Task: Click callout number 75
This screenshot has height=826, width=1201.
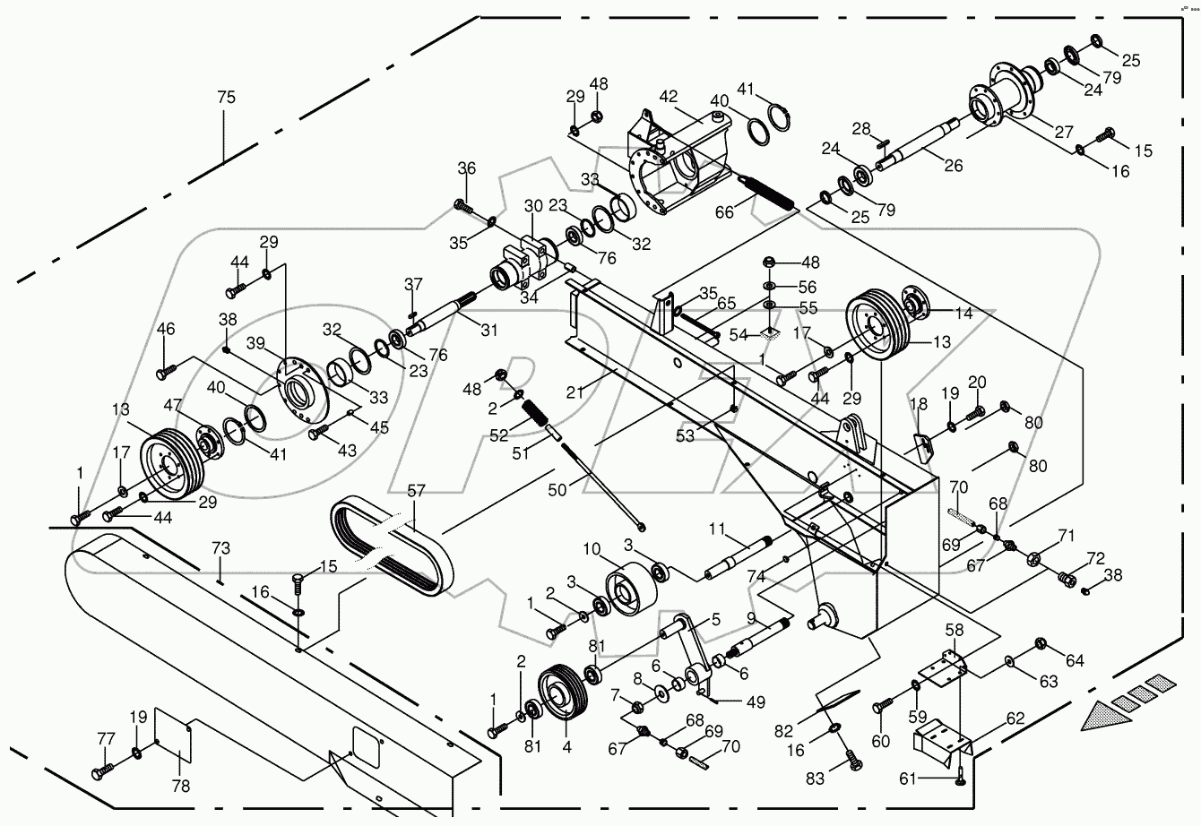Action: click(x=226, y=98)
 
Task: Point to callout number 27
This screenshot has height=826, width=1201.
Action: click(x=1064, y=132)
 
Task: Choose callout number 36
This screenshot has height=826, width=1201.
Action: click(x=467, y=168)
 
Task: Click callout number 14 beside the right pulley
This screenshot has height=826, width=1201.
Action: click(x=963, y=313)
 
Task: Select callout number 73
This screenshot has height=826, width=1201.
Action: click(x=220, y=548)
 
